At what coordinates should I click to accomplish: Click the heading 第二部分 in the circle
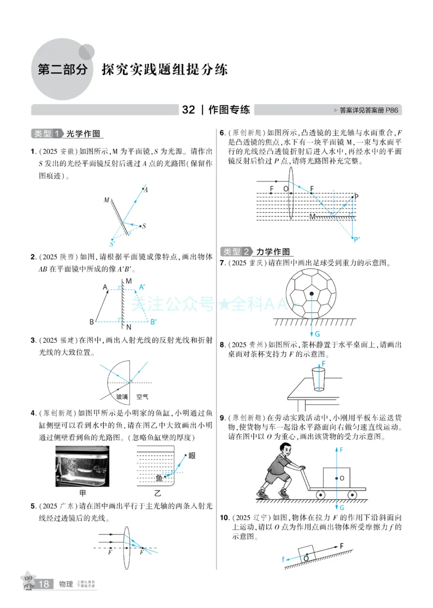(61, 70)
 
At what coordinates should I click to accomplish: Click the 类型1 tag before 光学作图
(46, 134)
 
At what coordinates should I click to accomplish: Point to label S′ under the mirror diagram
(112, 244)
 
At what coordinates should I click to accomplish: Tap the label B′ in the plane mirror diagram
(153, 322)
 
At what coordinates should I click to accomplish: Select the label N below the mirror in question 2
(128, 328)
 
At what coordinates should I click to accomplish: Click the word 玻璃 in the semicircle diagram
(122, 396)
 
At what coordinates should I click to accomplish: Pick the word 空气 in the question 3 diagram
(142, 396)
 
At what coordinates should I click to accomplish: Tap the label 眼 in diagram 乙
(192, 456)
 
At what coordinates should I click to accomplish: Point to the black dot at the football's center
(311, 293)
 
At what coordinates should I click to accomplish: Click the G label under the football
(317, 334)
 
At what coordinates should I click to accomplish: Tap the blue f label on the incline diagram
(283, 559)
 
